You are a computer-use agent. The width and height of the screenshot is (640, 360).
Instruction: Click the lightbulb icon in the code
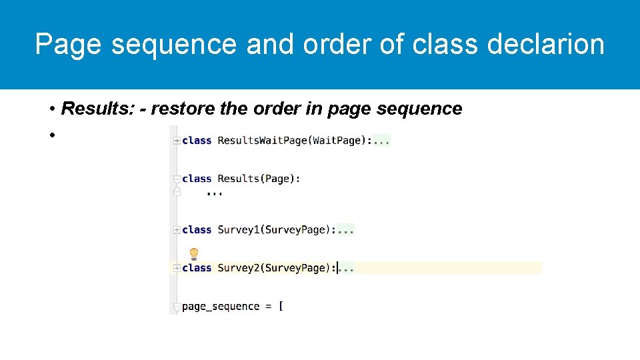[194, 254]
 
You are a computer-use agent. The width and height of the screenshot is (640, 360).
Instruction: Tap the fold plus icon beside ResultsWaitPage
[177, 141]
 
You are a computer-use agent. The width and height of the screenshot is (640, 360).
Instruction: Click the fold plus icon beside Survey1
[177, 230]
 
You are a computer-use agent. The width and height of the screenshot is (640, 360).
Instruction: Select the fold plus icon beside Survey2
[177, 268]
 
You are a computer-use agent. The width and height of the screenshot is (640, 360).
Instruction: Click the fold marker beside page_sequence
[177, 307]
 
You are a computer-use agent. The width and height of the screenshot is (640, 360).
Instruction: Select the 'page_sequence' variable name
[221, 307]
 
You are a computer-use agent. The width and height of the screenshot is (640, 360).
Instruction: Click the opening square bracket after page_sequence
[281, 307]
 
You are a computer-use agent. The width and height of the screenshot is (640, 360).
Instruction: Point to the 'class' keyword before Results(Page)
[197, 179]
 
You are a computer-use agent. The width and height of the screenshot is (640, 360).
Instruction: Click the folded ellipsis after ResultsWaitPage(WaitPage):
[381, 141]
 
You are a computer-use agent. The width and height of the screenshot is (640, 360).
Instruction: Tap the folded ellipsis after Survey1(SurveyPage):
[346, 230]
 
